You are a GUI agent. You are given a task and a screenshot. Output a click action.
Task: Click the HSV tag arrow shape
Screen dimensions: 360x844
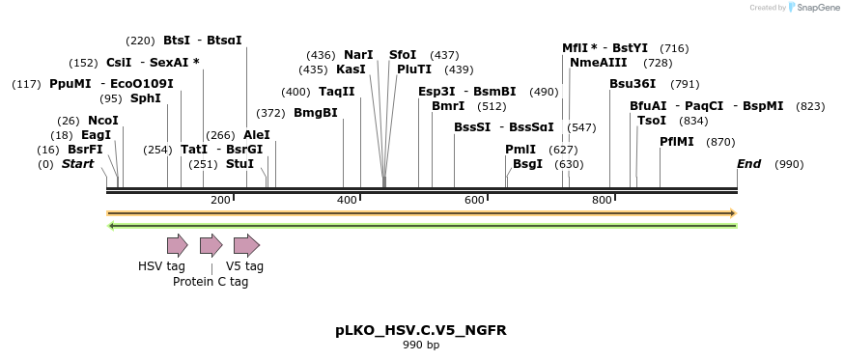click(177, 245)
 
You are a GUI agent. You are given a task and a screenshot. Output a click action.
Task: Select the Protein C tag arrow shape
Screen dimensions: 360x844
click(211, 245)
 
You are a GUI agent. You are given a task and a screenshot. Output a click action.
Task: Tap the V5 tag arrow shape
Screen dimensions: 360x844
click(246, 245)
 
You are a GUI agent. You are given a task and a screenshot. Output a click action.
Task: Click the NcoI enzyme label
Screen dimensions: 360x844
click(103, 121)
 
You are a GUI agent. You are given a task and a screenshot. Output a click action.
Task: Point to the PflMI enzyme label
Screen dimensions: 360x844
click(677, 142)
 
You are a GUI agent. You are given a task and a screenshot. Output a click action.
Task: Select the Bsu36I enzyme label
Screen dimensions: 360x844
click(633, 84)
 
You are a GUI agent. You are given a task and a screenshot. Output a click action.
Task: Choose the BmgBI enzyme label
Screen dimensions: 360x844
click(316, 113)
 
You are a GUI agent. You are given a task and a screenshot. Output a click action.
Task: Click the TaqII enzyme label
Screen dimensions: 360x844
click(337, 92)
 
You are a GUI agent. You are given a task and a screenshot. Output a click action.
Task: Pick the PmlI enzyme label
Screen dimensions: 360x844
click(520, 150)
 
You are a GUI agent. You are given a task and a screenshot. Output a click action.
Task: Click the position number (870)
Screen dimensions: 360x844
click(720, 142)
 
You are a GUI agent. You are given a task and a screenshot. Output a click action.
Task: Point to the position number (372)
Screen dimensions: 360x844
click(270, 113)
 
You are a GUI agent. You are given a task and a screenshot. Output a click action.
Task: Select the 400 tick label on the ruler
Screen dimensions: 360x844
click(347, 200)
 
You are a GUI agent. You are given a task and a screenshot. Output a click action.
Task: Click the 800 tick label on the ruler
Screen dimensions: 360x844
click(602, 200)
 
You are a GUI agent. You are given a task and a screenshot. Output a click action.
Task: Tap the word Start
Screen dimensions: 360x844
click(78, 164)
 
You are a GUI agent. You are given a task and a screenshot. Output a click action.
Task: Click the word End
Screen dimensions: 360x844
click(749, 164)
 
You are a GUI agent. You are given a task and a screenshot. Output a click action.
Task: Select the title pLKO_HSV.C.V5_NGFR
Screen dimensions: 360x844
click(421, 330)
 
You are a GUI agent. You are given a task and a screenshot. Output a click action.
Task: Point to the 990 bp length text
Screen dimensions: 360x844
click(421, 346)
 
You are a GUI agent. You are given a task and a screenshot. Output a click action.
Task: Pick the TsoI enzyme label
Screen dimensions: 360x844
click(652, 121)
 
